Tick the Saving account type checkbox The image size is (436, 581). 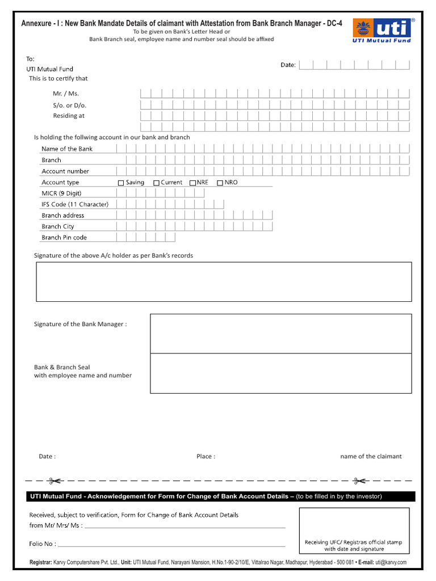point(120,183)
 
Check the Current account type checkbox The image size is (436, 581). point(156,183)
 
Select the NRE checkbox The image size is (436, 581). point(193,183)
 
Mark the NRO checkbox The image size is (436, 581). point(220,183)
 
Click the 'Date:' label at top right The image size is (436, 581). point(288,65)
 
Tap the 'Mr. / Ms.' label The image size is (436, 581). point(66,94)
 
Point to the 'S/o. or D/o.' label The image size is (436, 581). point(70,105)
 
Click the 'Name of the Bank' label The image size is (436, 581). point(66,149)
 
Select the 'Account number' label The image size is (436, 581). point(65,171)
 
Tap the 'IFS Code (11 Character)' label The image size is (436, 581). point(74,204)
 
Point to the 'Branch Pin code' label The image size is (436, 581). point(64,237)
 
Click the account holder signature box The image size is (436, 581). point(224,281)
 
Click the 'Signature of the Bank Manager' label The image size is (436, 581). point(80,324)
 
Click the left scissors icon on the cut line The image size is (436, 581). point(56,481)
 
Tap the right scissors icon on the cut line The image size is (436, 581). point(359,481)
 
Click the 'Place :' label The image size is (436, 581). point(206,456)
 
